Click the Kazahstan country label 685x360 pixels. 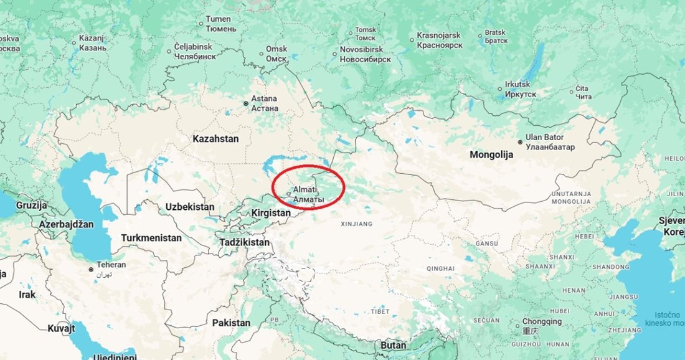215,139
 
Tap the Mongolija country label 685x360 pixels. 491,155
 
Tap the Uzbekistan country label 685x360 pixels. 190,207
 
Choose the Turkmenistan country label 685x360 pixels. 151,238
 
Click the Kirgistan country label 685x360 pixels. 271,213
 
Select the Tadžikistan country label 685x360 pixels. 245,242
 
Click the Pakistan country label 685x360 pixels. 231,323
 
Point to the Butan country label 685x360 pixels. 394,345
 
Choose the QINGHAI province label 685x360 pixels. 441,268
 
